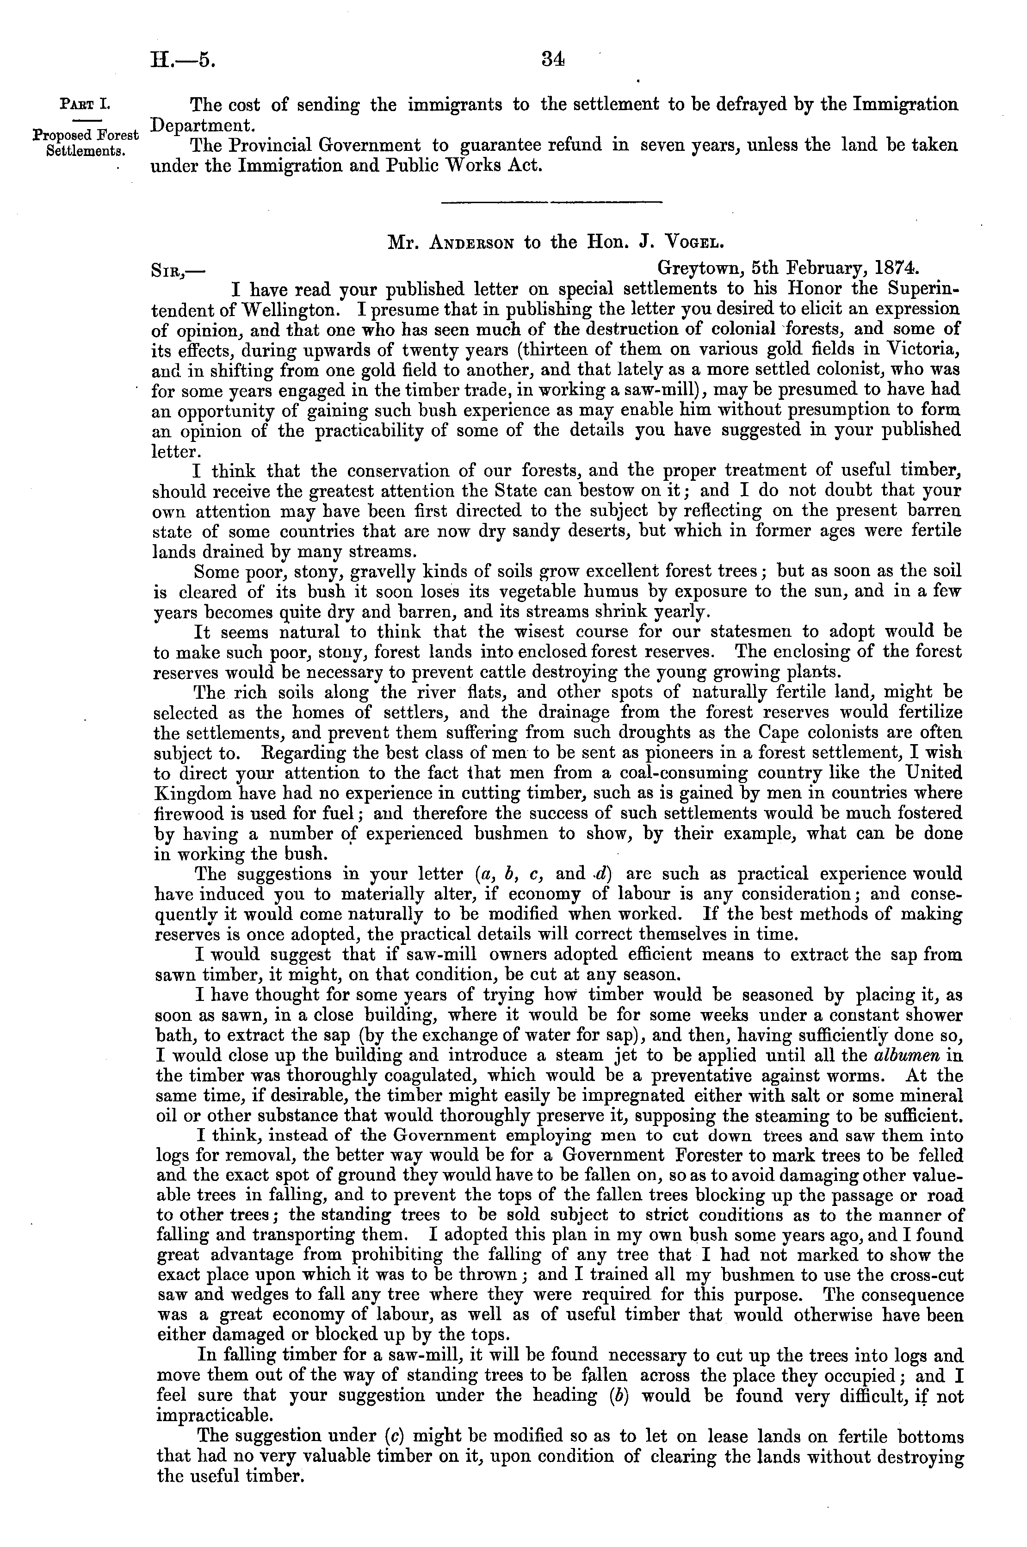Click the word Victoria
(923, 349)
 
